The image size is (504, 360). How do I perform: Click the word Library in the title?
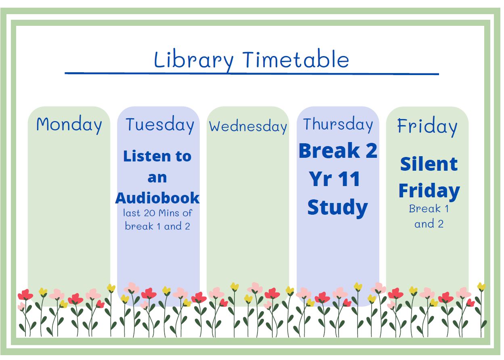click(194, 60)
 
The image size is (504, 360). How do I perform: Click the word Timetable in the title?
click(296, 59)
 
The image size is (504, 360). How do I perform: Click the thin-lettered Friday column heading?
click(427, 126)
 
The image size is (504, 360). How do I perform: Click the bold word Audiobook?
click(157, 198)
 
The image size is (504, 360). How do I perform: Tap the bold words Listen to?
click(157, 156)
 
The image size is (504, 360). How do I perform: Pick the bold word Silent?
click(429, 164)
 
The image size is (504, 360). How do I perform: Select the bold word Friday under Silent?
click(429, 191)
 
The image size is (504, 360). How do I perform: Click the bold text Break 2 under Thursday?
click(338, 151)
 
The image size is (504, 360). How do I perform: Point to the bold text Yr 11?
click(335, 179)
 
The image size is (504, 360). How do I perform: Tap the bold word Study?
click(337, 208)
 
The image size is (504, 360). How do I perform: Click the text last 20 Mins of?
click(157, 213)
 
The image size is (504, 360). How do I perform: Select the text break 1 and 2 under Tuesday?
click(157, 226)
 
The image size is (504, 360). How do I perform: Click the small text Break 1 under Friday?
click(429, 209)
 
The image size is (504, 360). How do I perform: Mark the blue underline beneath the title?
click(252, 73)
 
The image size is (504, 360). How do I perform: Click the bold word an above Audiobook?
click(157, 178)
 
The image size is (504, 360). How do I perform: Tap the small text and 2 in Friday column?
click(429, 224)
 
